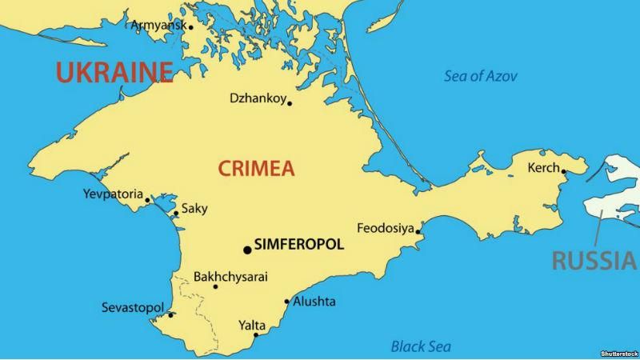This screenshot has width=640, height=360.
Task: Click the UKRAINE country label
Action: coord(114,72)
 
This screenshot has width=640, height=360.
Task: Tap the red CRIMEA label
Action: coord(256,169)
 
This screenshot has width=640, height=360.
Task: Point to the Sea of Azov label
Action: coord(481,77)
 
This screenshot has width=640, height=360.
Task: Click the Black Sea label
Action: coord(421,346)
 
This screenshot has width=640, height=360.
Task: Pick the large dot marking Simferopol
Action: coord(247,250)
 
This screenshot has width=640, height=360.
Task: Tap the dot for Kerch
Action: coord(564,170)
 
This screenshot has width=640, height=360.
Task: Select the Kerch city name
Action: coord(544,168)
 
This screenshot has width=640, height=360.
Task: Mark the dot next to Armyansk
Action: coord(190,26)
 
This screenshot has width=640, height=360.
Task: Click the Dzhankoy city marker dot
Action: coord(290,103)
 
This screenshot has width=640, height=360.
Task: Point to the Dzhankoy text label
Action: coord(256,98)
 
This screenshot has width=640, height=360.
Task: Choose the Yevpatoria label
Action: coord(113,194)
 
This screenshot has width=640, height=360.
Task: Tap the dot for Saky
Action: coord(176,214)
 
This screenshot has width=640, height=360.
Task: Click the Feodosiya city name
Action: coord(385,227)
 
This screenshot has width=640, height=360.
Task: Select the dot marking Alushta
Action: coord(287,302)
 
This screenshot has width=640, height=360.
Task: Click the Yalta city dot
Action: coord(256,334)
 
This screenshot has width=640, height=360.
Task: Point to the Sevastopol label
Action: coord(133,308)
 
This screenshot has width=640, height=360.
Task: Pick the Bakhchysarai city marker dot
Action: coord(215,286)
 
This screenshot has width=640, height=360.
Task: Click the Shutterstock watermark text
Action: coord(618,354)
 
